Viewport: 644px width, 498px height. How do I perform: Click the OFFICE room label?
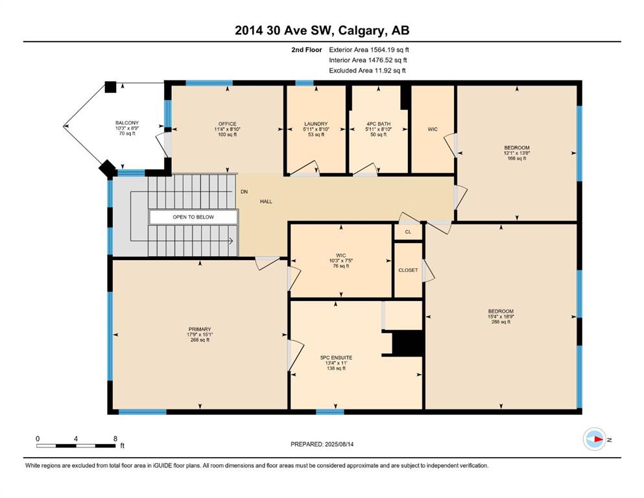[x=227, y=124]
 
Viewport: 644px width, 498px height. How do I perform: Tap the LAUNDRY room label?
[x=316, y=124]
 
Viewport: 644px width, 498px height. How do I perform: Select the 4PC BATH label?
[x=378, y=124]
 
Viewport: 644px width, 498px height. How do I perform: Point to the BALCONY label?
[x=127, y=123]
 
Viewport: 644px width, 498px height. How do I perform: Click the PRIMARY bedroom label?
[x=200, y=329]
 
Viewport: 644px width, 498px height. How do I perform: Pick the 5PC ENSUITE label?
[x=336, y=357]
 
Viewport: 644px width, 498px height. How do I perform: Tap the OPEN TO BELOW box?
[x=193, y=217]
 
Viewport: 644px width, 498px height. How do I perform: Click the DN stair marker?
[x=244, y=192]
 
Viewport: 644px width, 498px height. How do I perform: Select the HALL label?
[x=266, y=202]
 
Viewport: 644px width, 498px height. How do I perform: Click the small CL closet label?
[x=408, y=232]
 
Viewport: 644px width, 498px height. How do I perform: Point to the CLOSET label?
[x=408, y=270]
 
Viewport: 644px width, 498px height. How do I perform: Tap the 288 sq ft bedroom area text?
[x=501, y=322]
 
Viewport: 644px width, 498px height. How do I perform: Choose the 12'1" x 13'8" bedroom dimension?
[x=517, y=153]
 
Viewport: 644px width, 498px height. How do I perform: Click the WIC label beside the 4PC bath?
[x=433, y=129]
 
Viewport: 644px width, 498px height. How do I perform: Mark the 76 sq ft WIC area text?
[x=340, y=266]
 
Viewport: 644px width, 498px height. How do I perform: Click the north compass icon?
[x=594, y=439]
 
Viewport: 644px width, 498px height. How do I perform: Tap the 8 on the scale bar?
[x=115, y=438]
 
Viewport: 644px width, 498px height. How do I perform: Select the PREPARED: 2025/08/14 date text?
[x=322, y=444]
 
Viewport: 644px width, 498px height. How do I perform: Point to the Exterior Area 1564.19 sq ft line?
[x=369, y=50]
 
